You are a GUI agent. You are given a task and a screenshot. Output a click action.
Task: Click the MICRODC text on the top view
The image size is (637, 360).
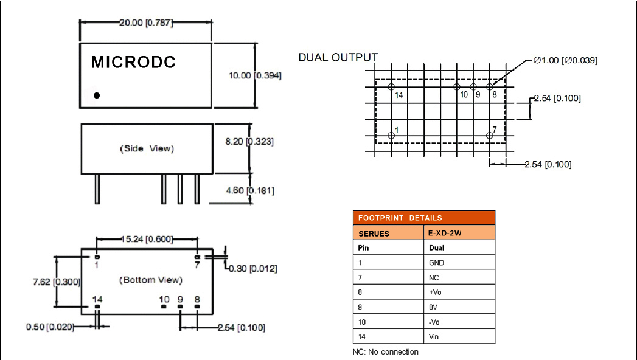click(x=133, y=63)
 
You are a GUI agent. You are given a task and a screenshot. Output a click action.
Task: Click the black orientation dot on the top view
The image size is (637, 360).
click(x=97, y=95)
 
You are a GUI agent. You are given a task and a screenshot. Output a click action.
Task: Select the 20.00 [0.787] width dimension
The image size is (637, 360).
click(x=145, y=22)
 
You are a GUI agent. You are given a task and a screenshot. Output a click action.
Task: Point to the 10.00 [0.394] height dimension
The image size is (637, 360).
click(x=254, y=75)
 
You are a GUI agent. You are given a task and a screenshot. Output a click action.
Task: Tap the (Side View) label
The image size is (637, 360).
click(x=147, y=148)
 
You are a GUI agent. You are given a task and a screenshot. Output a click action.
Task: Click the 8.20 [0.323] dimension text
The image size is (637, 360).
click(x=249, y=141)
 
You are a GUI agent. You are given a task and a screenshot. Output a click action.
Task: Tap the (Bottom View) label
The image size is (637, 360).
click(x=150, y=280)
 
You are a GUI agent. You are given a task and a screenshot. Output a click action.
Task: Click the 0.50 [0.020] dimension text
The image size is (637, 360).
click(x=50, y=327)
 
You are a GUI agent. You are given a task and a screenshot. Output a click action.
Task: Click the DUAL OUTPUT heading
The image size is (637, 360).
click(x=338, y=58)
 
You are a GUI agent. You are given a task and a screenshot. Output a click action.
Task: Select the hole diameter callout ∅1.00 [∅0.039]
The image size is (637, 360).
click(x=565, y=60)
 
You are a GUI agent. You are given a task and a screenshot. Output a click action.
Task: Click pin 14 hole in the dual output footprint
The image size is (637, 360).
click(x=391, y=87)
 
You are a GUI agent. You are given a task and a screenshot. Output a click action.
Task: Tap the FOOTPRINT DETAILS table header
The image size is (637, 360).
click(x=424, y=218)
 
